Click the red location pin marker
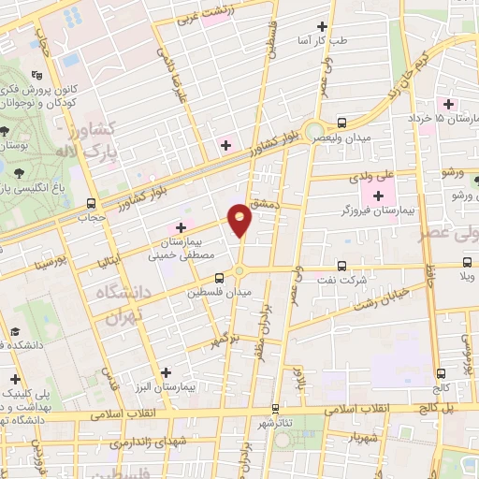pyautogui.click(x=240, y=219)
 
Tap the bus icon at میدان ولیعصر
pyautogui.click(x=341, y=122)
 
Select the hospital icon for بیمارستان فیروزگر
pyautogui.click(x=378, y=196)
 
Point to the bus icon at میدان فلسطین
pyautogui.click(x=219, y=278)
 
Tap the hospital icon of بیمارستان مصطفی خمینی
pyautogui.click(x=180, y=227)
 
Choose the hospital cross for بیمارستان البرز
pyautogui.click(x=166, y=371)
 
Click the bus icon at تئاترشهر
pyautogui.click(x=275, y=409)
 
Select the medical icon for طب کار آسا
pyautogui.click(x=323, y=26)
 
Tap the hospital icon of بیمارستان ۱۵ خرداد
pyautogui.click(x=447, y=103)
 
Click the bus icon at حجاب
pyautogui.click(x=91, y=203)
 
